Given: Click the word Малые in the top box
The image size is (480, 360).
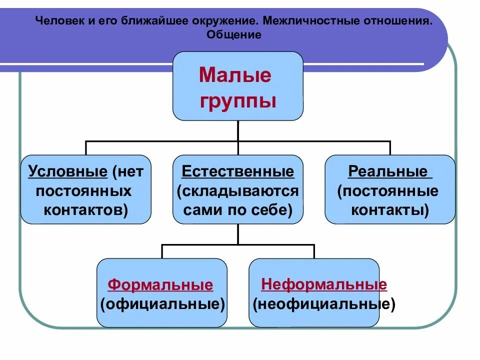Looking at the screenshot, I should coord(235,75).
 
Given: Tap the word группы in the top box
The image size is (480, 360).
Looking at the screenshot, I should coord(238,101).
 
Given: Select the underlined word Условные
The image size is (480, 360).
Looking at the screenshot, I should coord(68,172).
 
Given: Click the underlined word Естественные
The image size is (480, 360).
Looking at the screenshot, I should coord(238,172).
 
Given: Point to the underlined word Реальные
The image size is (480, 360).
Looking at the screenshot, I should coord(388,172).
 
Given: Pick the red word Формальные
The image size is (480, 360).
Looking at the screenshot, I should coord(160,285).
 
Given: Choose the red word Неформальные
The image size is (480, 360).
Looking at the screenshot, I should coord(324,284).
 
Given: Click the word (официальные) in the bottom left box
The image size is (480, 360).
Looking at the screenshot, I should coord(162,304).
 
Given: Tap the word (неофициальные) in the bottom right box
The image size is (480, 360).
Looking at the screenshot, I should coord(324,304).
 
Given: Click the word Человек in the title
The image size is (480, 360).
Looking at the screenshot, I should coord(56,22).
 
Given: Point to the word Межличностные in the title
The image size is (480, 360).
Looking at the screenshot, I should coord(304,22).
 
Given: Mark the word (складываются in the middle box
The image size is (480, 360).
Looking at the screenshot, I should coord(238,191).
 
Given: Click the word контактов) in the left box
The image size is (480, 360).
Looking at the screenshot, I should coord(85,210).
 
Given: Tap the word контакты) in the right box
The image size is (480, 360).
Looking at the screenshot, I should coord(390,210).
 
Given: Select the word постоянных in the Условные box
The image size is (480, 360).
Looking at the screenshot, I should coord(84,191).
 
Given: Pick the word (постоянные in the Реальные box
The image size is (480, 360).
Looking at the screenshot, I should coord(388,191).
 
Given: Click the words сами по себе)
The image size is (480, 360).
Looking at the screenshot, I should coord(238,210).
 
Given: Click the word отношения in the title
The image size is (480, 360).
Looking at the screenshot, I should coord(391,22).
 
